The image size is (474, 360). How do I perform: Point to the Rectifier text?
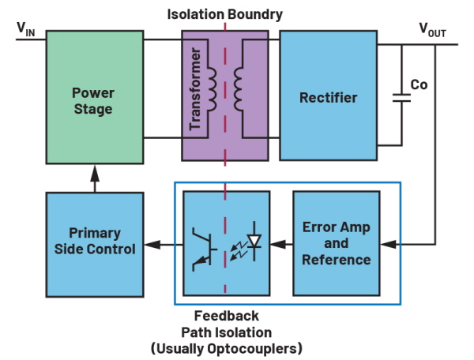coord(328,98)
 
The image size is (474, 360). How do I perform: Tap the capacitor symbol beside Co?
coord(401,98)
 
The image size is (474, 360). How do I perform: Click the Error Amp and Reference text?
coord(337,243)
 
